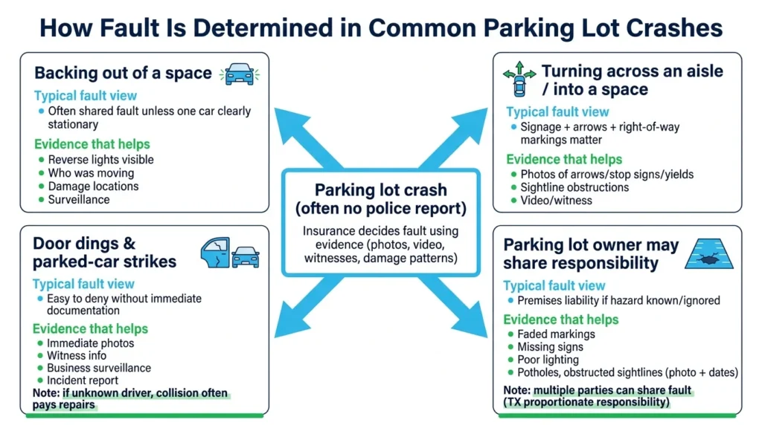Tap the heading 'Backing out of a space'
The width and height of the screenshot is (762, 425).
pyautogui.click(x=124, y=74)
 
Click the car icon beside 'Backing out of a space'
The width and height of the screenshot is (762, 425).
pyautogui.click(x=239, y=73)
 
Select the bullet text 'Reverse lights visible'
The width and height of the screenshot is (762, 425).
pyautogui.click(x=100, y=159)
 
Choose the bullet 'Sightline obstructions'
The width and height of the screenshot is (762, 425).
pyautogui.click(x=574, y=187)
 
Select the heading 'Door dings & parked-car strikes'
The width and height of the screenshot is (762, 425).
pyautogui.click(x=104, y=253)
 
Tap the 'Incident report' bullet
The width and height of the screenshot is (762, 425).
pyautogui.click(x=83, y=380)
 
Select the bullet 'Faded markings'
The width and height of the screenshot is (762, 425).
pyautogui.click(x=555, y=334)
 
